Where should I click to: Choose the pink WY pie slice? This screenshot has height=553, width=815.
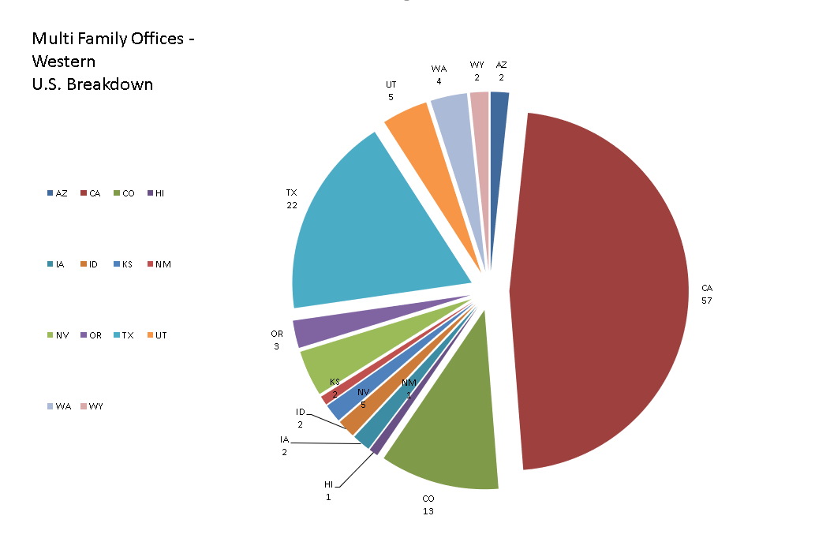pos(480,110)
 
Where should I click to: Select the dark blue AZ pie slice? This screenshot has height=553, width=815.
pos(499,110)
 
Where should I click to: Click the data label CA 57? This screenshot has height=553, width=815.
pos(706,294)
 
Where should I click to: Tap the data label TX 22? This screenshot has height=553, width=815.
pos(291,199)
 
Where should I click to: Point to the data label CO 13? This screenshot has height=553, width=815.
pos(428,505)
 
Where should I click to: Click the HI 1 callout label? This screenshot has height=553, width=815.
pos(328,491)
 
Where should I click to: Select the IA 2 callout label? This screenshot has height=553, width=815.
pos(284,446)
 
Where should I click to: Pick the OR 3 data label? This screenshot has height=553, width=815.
pos(277,340)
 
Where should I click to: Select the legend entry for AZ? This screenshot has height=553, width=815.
pos(57,193)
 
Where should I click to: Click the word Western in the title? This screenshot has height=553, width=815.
pos(63,62)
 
